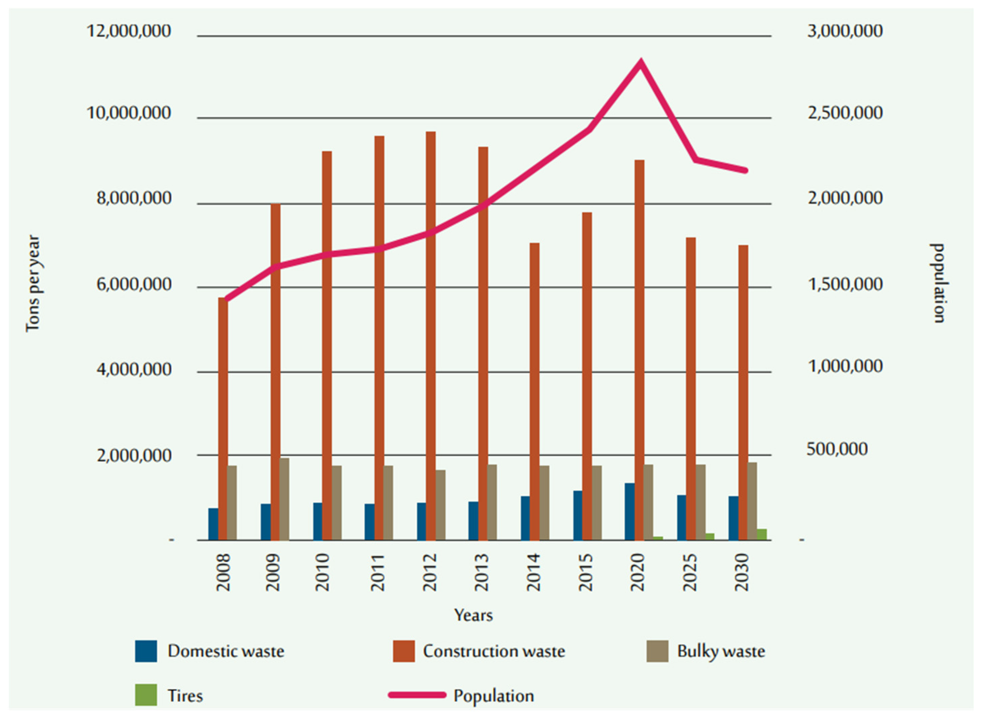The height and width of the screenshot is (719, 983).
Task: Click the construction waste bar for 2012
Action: pyautogui.click(x=430, y=335)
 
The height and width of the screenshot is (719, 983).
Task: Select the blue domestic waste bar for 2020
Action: pyautogui.click(x=629, y=512)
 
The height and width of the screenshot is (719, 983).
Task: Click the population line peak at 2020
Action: pyautogui.click(x=640, y=62)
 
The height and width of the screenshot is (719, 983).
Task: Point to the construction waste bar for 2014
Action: pyautogui.click(x=535, y=392)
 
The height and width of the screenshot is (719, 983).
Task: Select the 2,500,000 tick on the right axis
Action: pyautogui.click(x=845, y=113)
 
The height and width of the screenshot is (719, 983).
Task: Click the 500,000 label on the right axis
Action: pyautogui.click(x=837, y=449)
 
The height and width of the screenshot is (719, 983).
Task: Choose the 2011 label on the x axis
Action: pyautogui.click(x=378, y=572)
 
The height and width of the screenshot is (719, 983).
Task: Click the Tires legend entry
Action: pyautogui.click(x=185, y=696)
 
